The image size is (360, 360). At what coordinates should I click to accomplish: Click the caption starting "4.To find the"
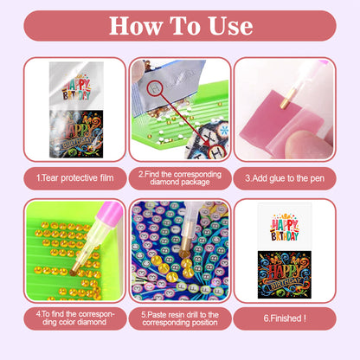tap(62, 318)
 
